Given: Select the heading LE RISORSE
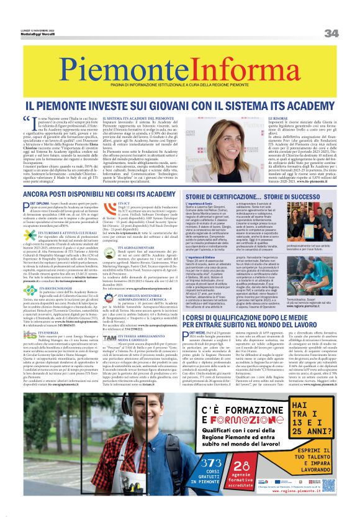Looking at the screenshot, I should pyautogui.click(x=280, y=117).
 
